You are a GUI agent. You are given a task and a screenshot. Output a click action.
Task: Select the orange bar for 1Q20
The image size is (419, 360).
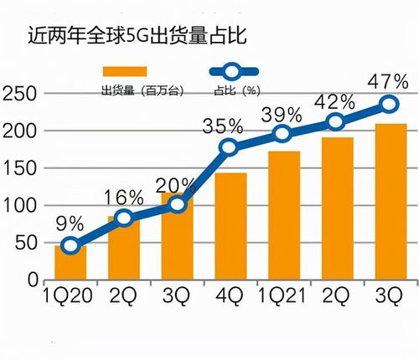(x=70, y=262)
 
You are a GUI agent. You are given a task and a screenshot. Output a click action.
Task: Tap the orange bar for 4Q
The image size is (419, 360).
(x=230, y=226)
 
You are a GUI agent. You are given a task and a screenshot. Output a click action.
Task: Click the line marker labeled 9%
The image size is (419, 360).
(x=70, y=246)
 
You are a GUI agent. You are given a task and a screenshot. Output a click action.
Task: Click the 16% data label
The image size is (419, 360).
(x=124, y=198)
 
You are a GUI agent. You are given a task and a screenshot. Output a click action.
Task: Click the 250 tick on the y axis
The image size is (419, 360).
(x=20, y=94)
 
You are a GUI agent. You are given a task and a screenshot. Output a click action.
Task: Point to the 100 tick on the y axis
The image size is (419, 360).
(x=20, y=205)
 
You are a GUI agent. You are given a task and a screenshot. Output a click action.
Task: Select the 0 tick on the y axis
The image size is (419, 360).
(x=32, y=280)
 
